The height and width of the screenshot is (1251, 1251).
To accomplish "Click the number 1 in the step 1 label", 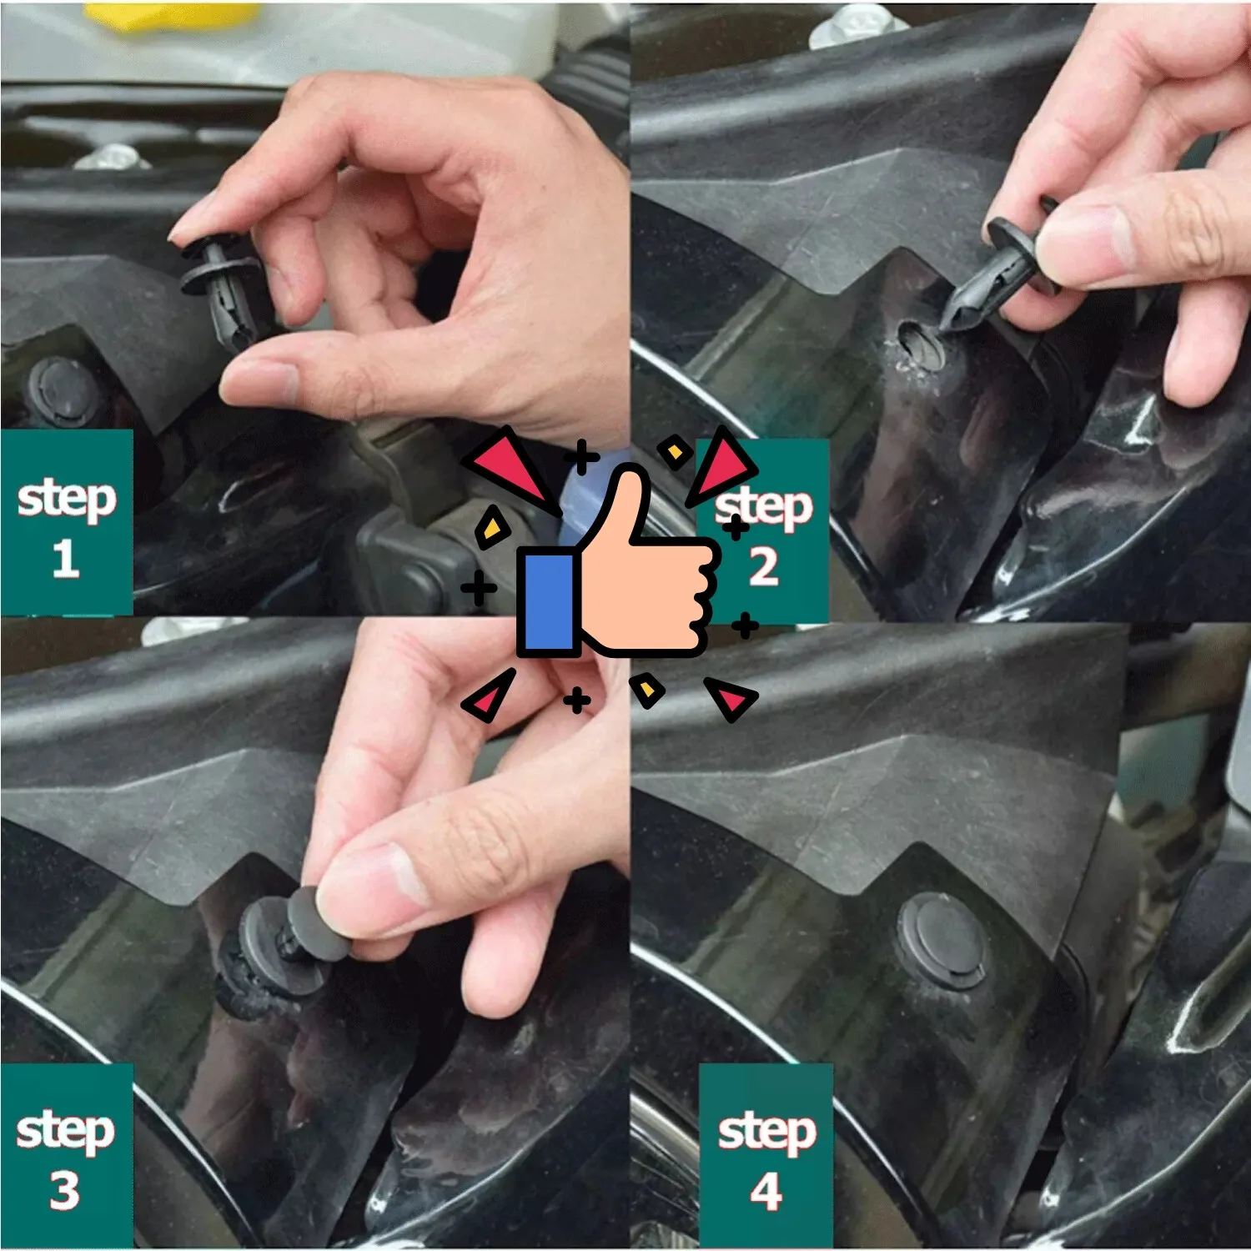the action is [65, 558].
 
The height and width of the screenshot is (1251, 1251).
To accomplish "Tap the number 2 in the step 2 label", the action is [763, 566].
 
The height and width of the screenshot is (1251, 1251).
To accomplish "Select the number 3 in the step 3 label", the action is [64, 1190].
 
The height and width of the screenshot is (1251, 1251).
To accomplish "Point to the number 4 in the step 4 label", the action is [766, 1191].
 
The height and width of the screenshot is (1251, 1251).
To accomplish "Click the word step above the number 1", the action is [66, 498].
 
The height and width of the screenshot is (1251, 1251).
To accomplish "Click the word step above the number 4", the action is [766, 1131].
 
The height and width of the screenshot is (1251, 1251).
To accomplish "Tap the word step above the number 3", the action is [65, 1130].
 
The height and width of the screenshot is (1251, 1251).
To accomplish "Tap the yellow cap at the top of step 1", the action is [171, 16].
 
